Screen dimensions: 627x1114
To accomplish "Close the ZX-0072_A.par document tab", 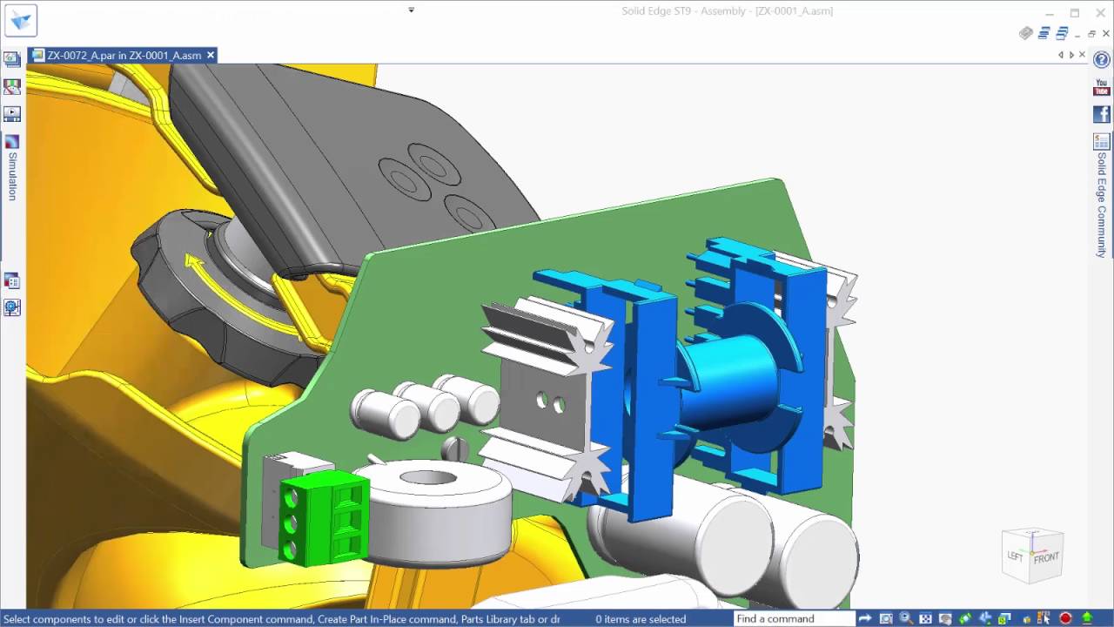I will click(211, 55).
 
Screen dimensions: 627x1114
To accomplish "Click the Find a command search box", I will click(792, 619).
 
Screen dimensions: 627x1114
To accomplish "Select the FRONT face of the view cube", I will click(1046, 557).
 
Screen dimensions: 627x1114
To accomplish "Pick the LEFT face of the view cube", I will click(1015, 556).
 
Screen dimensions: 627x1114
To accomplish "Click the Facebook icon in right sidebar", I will click(1102, 114).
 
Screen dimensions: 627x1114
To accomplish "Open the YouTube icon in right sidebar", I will click(1102, 88).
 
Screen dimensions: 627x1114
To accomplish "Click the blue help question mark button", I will click(1102, 59).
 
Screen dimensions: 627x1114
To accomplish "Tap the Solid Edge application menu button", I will click(20, 20).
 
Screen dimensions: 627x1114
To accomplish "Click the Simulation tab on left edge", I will click(12, 175).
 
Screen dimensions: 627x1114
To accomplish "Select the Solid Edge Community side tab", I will click(1102, 205).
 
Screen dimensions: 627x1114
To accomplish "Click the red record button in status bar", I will click(1065, 619).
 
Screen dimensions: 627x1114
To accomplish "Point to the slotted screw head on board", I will click(455, 448).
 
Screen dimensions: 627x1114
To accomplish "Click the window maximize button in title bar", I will click(1075, 12).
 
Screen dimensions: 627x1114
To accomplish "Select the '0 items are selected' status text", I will click(641, 619).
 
